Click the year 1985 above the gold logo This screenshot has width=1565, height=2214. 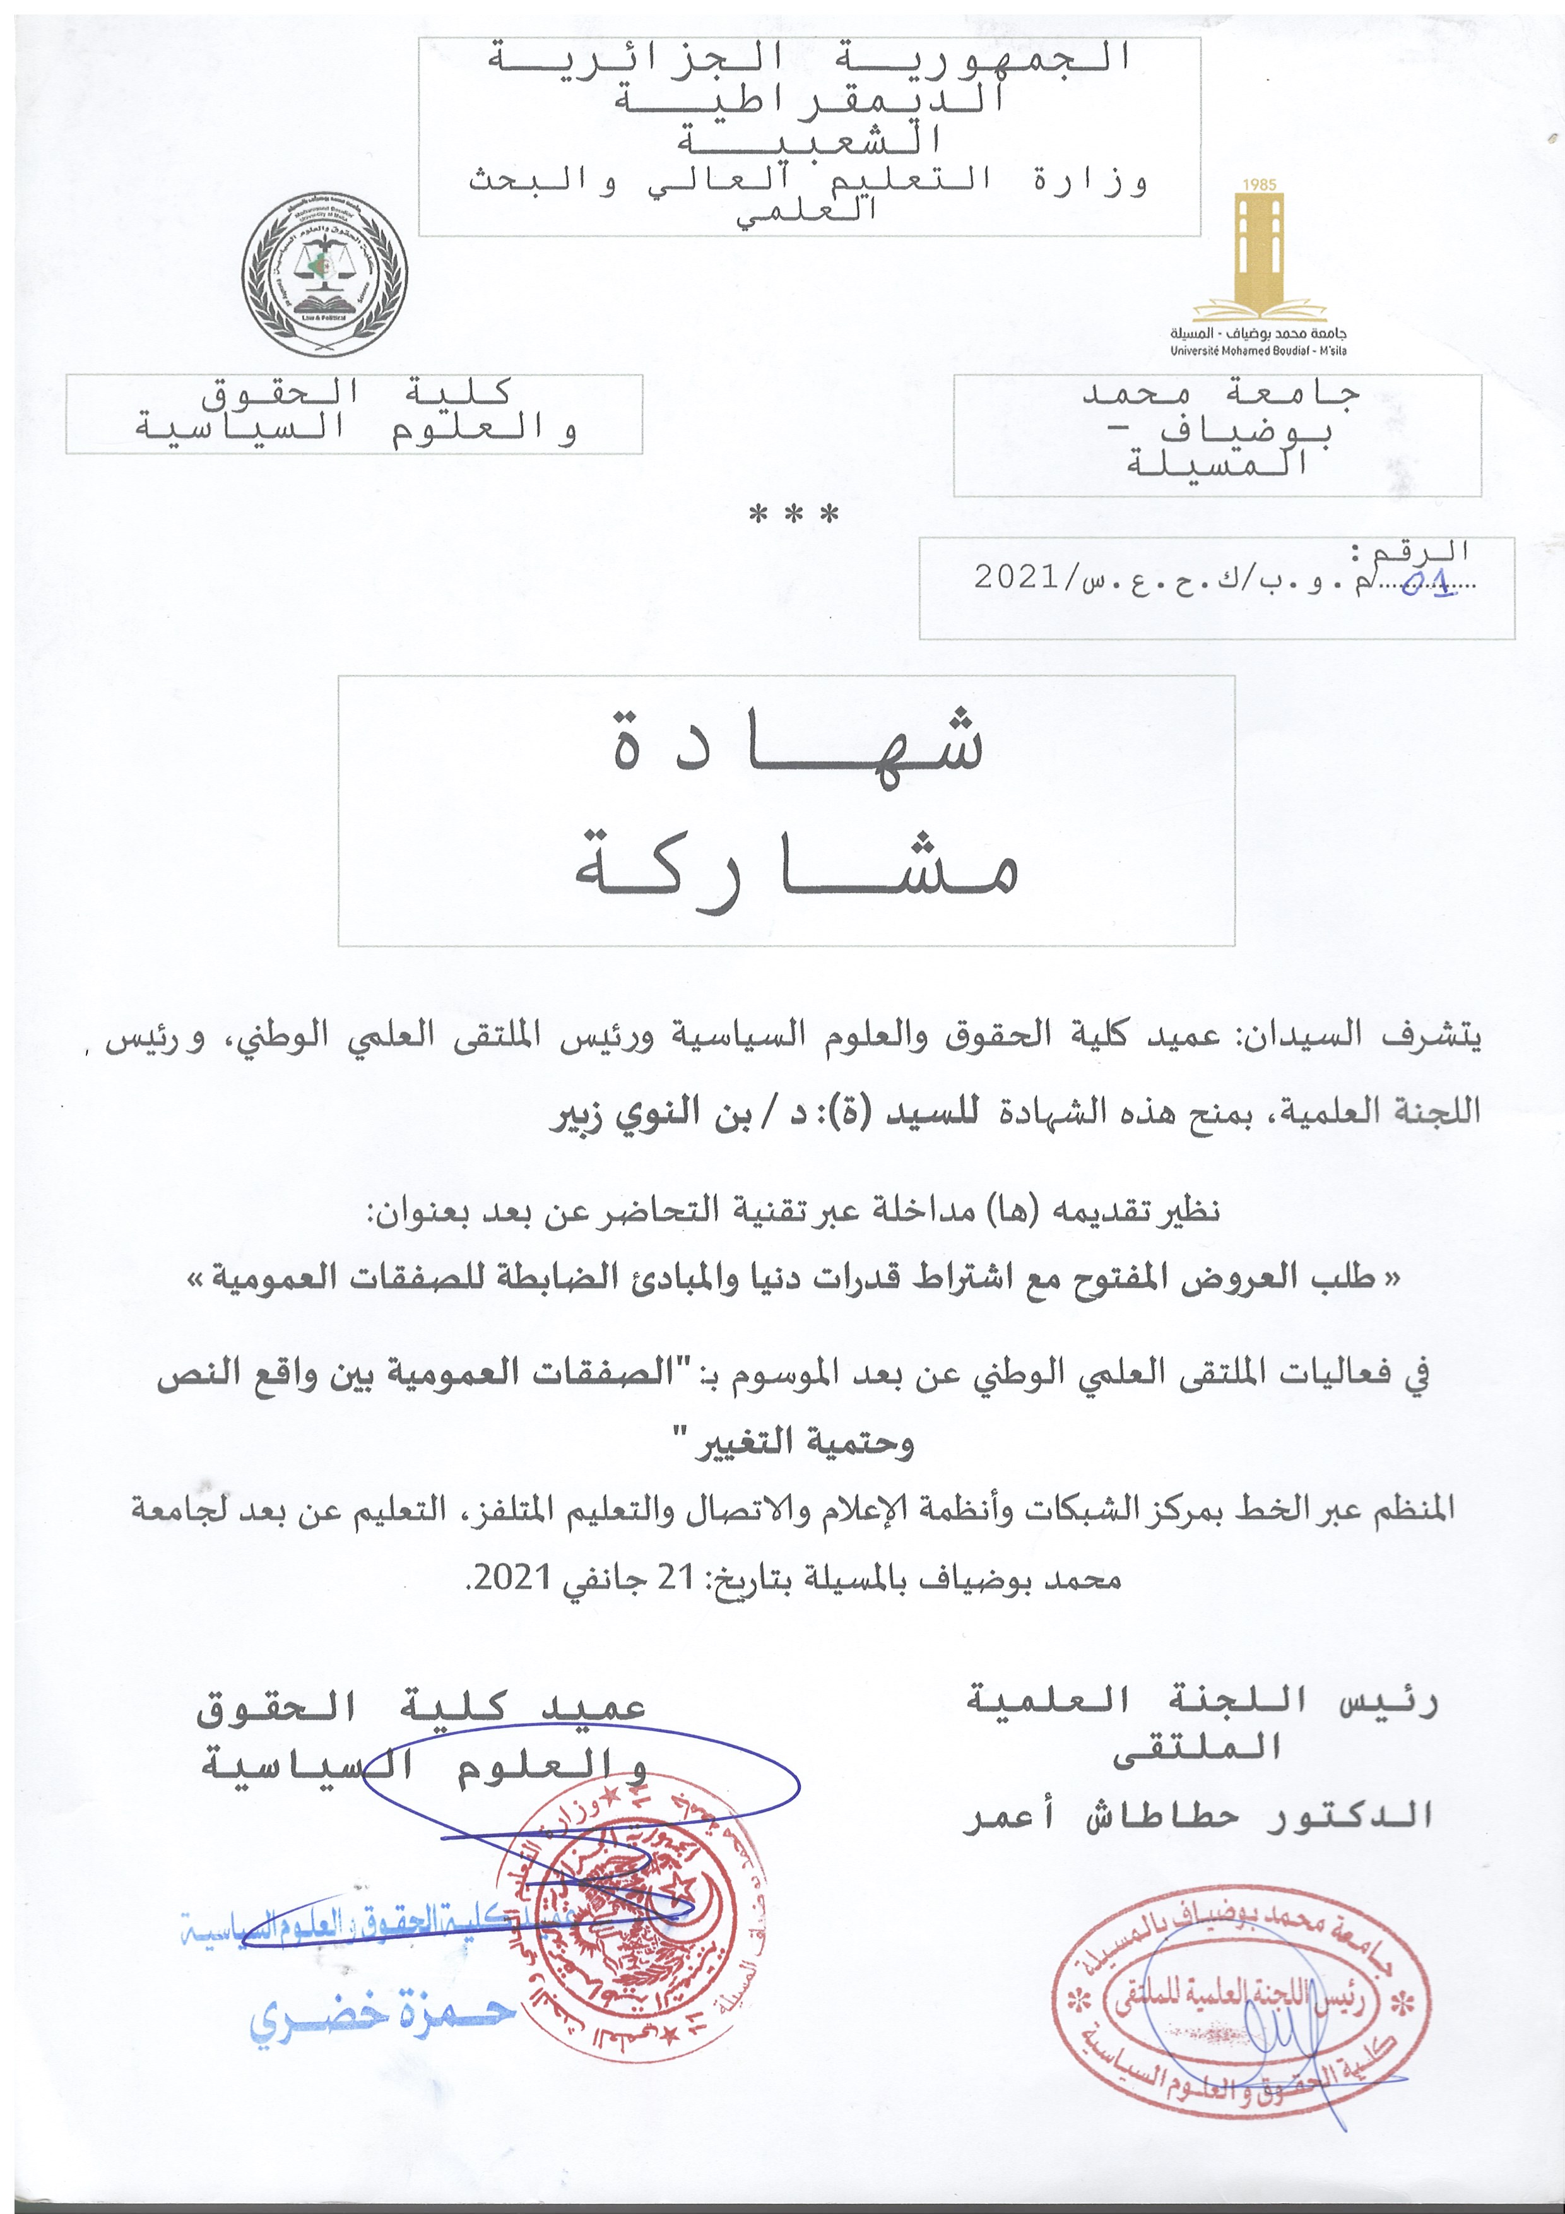pyautogui.click(x=1260, y=184)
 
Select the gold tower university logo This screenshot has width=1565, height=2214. pyautogui.click(x=1260, y=256)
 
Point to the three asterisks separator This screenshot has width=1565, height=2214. pyautogui.click(x=794, y=515)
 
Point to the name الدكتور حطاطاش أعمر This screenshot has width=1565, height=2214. pyautogui.click(x=1198, y=1816)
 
